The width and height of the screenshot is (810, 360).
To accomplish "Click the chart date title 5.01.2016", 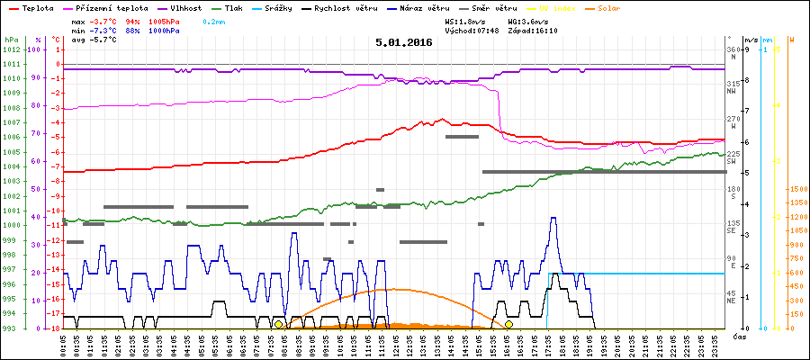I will tap(404, 42).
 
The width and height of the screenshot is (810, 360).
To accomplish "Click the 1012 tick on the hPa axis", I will tap(11, 50).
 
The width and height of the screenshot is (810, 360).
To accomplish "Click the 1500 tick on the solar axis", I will tap(796, 190).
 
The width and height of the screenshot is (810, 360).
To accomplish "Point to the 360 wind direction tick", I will tap(732, 49).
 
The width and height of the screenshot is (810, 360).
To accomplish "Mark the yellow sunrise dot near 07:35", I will tap(278, 324).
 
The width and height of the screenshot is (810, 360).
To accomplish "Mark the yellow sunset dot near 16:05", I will tap(509, 324).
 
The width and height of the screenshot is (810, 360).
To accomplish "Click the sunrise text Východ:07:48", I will tap(472, 29).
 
